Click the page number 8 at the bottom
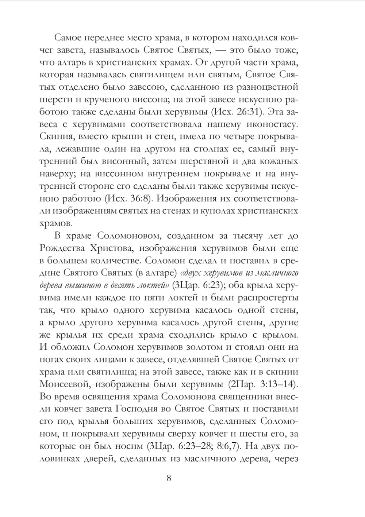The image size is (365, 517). (169, 478)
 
